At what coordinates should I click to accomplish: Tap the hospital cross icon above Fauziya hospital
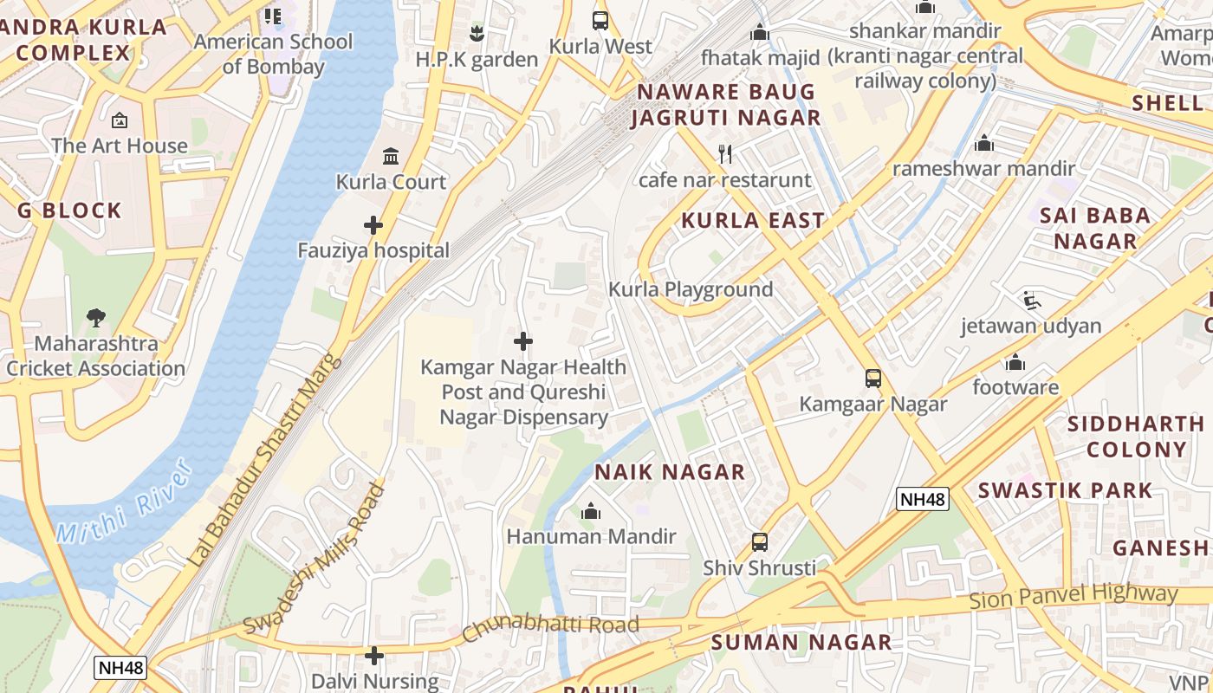(x=373, y=225)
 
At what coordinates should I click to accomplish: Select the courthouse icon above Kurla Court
(x=391, y=156)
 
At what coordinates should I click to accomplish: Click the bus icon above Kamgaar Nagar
(x=873, y=379)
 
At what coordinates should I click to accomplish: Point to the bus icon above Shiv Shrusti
(x=760, y=542)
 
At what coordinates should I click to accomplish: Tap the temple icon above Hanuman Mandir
(x=591, y=511)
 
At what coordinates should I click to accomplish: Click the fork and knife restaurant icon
(x=725, y=154)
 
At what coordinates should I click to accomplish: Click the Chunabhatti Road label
(x=551, y=626)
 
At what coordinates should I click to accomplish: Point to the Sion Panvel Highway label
(x=1074, y=597)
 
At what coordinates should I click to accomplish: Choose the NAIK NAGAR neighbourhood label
(x=670, y=472)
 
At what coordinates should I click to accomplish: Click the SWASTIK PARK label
(x=1066, y=490)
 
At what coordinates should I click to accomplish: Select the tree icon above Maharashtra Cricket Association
(x=96, y=318)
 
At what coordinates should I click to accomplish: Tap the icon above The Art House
(x=120, y=120)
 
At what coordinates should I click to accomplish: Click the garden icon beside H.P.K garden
(x=476, y=34)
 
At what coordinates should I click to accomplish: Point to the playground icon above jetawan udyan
(x=1031, y=301)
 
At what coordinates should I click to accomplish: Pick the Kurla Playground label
(x=691, y=289)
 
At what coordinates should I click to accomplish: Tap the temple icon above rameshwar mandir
(x=984, y=143)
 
